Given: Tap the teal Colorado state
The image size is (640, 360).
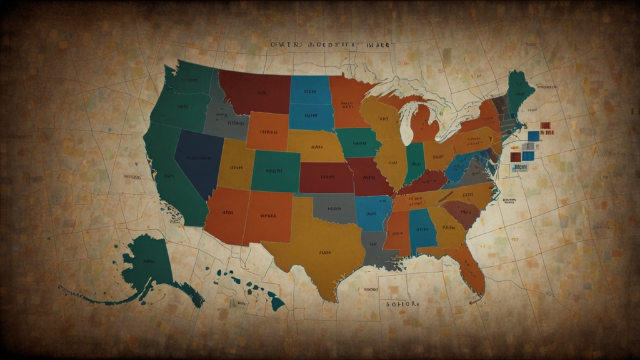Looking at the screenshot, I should (x=275, y=171).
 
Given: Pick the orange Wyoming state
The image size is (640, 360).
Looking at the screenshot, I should (x=267, y=131).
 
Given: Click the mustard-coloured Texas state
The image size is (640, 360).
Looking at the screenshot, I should (x=322, y=250).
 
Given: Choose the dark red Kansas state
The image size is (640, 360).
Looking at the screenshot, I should (x=325, y=177).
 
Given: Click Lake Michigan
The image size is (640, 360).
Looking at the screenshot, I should (x=407, y=119).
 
